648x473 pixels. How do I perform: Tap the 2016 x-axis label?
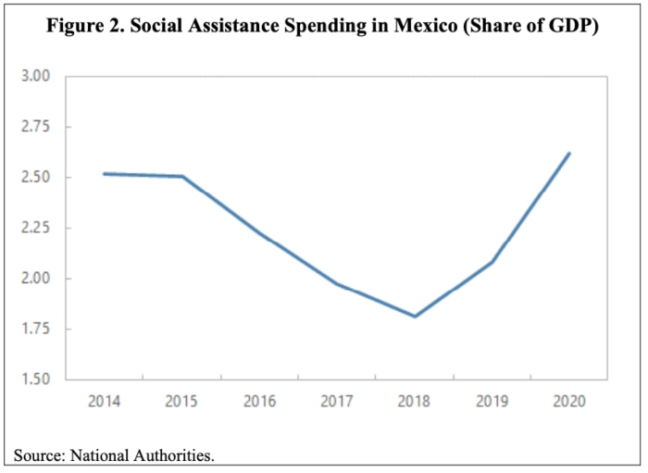pos(260,402)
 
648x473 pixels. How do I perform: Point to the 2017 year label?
pos(337,402)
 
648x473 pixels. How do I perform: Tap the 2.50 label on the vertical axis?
pos(47,177)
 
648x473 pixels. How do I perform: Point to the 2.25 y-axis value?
pos(47,228)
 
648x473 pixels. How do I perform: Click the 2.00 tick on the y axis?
pos(47,279)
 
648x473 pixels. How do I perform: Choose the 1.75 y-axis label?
pos(47,329)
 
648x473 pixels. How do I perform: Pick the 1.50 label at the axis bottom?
pos(47,380)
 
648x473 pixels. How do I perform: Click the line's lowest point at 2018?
pos(415,317)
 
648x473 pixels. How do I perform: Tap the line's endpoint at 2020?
pos(569,154)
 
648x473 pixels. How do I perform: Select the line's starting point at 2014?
pos(106,173)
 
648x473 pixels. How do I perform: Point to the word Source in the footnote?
pos(36,455)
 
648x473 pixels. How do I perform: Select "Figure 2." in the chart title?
pos(84,28)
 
